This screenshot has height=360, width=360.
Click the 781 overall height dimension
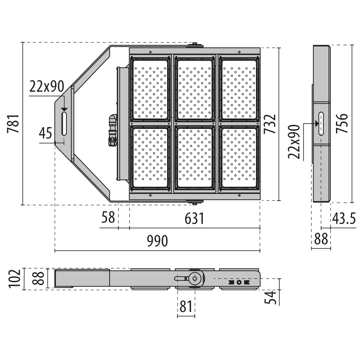pyautogui.click(x=13, y=124)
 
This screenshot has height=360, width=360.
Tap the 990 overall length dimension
pyautogui.click(x=157, y=241)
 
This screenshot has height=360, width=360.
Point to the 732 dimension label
pyautogui.click(x=270, y=124)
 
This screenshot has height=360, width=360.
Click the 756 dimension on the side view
pyautogui.click(x=342, y=123)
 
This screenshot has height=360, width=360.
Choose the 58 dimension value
pyautogui.click(x=108, y=217)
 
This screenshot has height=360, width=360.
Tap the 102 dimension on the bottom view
pyautogui.click(x=14, y=279)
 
